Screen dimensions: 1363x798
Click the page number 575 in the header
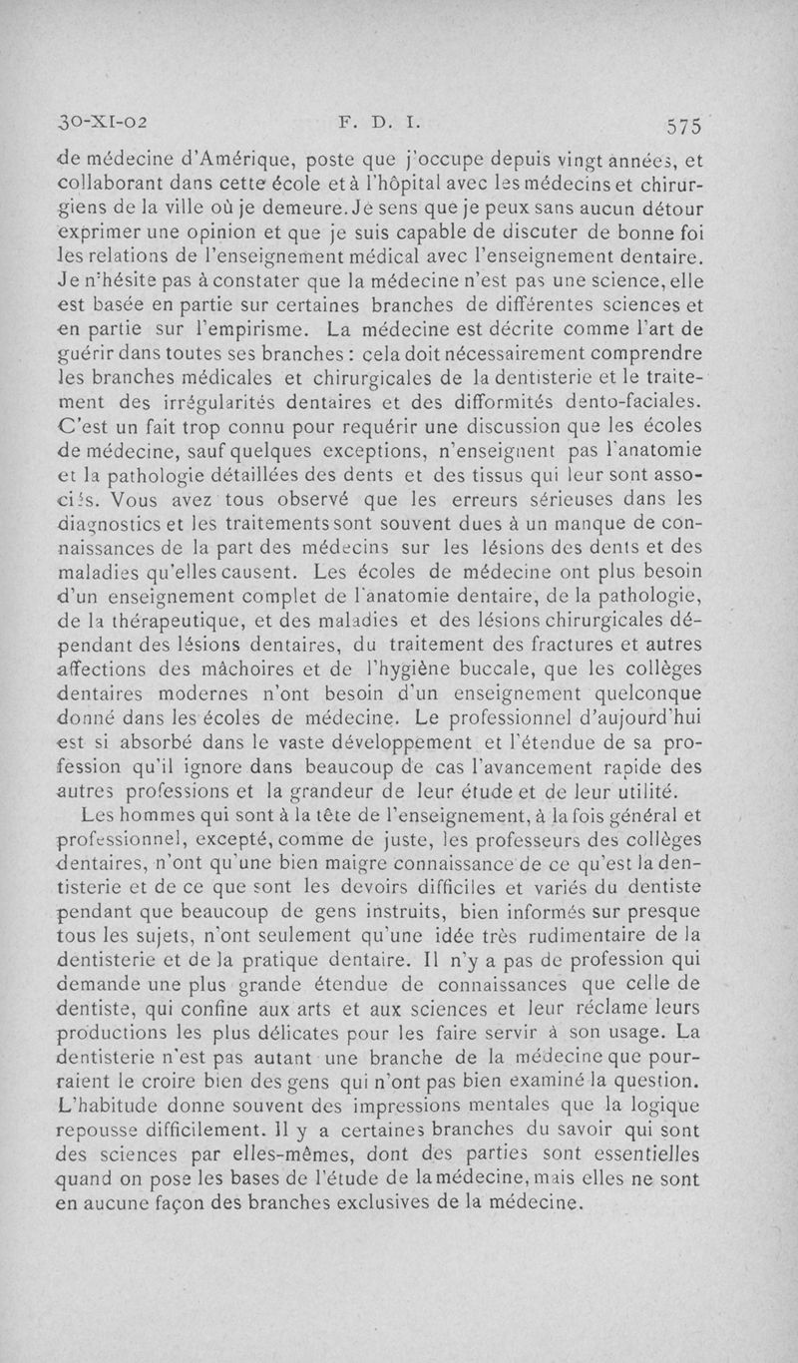685,127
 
